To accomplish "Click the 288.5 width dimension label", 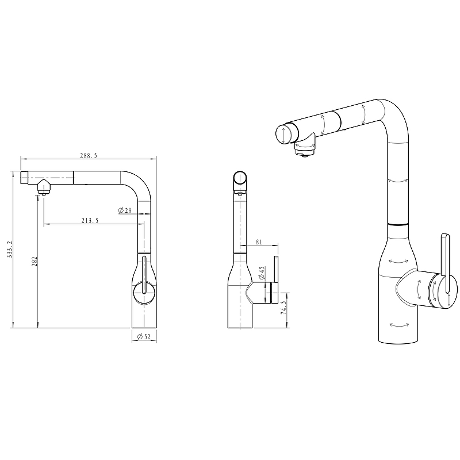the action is [x=89, y=156].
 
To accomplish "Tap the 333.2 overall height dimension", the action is [x=10, y=250].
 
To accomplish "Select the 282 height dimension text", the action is [x=34, y=261].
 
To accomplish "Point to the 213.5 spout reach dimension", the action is [x=90, y=221].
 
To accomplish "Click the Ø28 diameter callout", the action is [x=125, y=210].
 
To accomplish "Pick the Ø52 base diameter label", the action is [x=144, y=337].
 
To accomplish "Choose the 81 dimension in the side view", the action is [x=259, y=242].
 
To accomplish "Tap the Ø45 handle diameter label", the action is [x=262, y=273].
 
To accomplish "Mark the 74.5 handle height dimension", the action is [x=283, y=308].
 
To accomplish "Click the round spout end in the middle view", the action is [x=240, y=178].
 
